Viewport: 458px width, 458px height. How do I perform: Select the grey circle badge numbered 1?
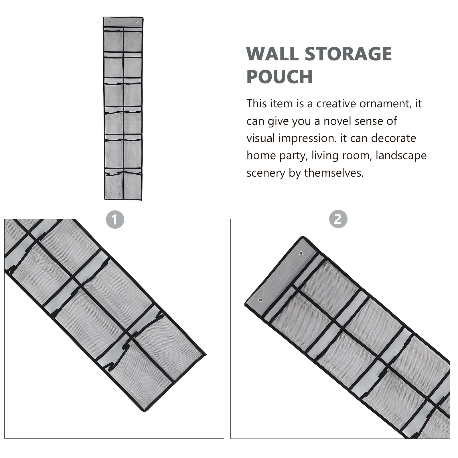(115, 220)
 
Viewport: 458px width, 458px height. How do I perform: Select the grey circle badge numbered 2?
(338, 219)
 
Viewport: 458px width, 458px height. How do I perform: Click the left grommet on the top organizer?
(109, 21)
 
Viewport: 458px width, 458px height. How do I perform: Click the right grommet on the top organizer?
(137, 21)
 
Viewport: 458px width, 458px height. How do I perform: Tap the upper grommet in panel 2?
(301, 253)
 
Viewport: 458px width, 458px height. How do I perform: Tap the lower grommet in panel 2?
(260, 300)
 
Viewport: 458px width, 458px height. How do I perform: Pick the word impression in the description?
(307, 138)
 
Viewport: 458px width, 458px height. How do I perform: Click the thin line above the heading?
(278, 34)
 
